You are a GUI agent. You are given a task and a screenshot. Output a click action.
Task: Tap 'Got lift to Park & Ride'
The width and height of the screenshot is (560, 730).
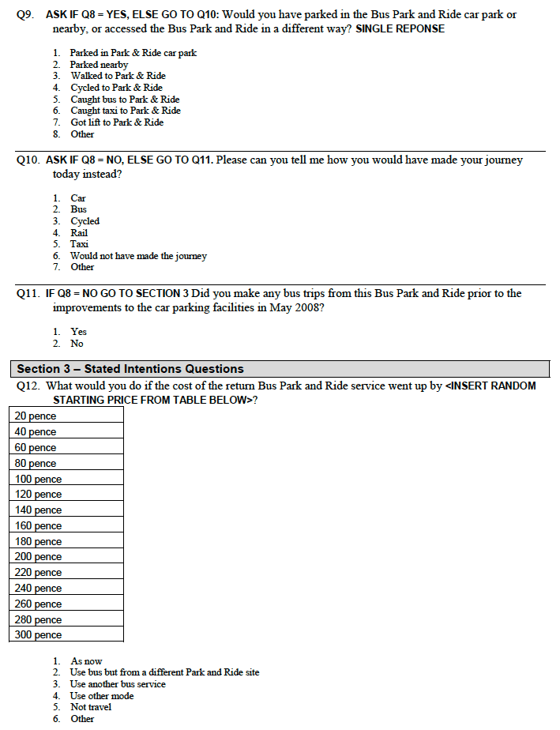coord(117,122)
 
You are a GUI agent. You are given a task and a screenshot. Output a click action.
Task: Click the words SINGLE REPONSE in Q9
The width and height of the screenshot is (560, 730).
coord(400,29)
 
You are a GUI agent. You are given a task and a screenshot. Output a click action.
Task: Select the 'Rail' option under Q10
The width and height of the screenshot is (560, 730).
coord(79,233)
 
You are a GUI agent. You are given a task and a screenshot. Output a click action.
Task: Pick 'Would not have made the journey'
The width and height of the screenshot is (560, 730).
coord(138,256)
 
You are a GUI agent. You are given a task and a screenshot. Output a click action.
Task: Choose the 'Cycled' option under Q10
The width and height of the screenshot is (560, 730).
coord(85,221)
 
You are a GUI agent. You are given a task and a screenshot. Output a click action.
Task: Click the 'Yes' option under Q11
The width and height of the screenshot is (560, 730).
coord(79,332)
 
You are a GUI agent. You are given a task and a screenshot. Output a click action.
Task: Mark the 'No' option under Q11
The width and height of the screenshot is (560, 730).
coord(77,344)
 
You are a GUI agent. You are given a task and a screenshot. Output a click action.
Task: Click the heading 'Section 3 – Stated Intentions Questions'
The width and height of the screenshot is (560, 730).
coord(130,369)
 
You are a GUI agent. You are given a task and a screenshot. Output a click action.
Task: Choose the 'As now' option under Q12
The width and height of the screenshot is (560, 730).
coord(86,661)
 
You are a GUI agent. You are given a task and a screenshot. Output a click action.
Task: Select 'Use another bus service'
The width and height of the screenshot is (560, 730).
coord(118,684)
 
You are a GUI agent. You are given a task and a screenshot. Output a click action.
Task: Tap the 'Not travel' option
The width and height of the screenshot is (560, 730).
coord(91,707)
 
